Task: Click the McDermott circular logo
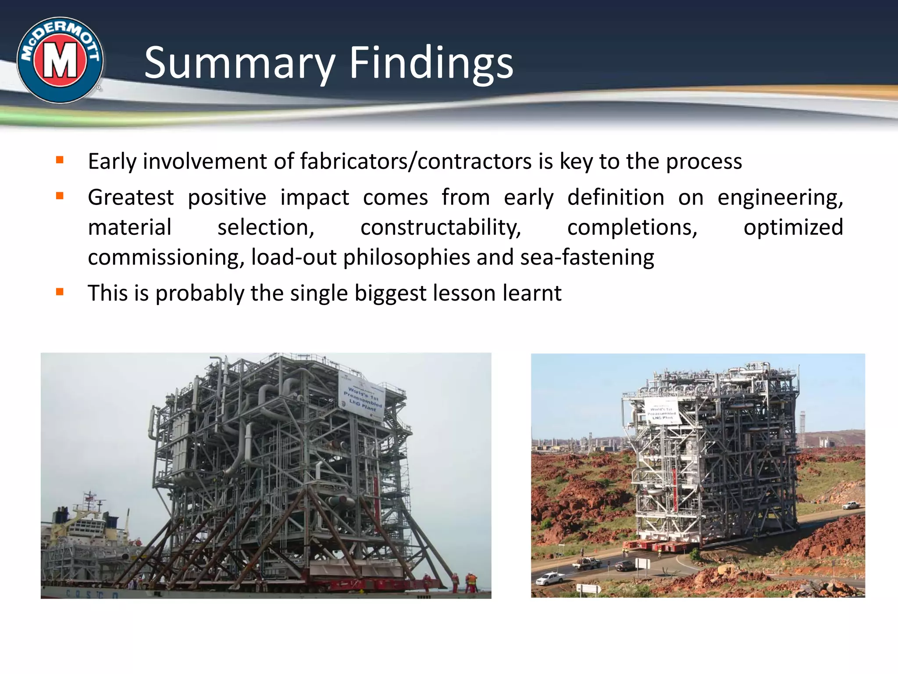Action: point(60,60)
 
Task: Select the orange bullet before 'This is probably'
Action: point(60,291)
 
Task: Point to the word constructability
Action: point(440,228)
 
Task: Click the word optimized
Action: point(793,227)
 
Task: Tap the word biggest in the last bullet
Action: point(390,293)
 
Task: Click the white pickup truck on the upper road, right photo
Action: point(850,505)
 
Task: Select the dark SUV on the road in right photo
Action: point(626,566)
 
